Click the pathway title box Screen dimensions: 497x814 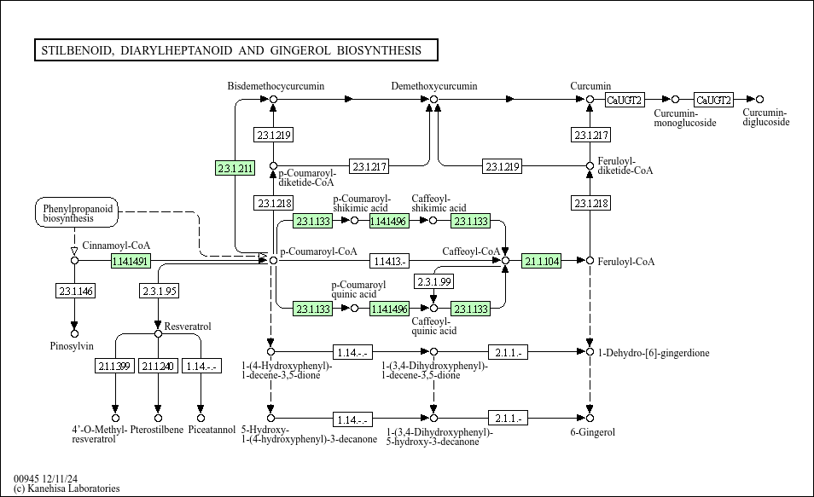tap(235, 50)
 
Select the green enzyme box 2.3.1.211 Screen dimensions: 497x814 tap(235, 168)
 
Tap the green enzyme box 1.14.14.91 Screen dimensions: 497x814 tap(131, 261)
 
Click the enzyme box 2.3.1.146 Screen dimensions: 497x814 tap(75, 292)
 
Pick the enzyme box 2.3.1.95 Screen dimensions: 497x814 tap(159, 292)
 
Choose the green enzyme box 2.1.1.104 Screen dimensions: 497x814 tap(542, 261)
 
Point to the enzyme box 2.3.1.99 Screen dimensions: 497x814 tap(433, 281)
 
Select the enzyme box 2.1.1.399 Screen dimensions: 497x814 tap(114, 366)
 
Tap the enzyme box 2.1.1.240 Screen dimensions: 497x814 tap(158, 366)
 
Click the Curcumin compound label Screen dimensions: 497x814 tap(590, 86)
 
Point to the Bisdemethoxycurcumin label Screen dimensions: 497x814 tap(276, 86)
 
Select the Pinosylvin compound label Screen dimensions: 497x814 tap(71, 345)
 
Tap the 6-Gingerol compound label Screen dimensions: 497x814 tap(592, 432)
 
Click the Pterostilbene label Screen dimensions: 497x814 tap(157, 430)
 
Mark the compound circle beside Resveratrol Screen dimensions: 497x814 tap(158, 333)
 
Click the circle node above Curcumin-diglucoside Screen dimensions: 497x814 tap(759, 100)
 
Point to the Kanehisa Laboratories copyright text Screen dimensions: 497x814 tap(67, 488)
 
